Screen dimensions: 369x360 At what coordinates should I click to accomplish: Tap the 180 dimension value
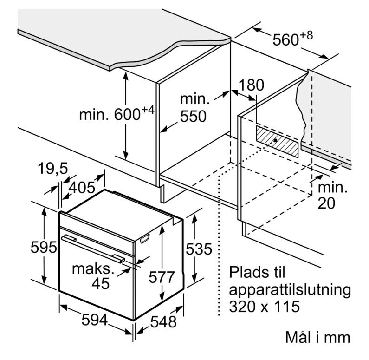pyautogui.click(x=251, y=85)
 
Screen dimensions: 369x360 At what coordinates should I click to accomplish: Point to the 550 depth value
pyautogui.click(x=193, y=116)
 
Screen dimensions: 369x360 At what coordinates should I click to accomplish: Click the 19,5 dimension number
pyautogui.click(x=53, y=169)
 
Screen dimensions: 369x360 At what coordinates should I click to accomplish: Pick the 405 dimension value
pyautogui.click(x=82, y=188)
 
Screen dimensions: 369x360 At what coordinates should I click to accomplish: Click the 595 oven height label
pyautogui.click(x=44, y=247)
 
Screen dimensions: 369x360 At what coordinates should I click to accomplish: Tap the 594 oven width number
pyautogui.click(x=95, y=320)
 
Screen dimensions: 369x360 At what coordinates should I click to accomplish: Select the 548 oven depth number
pyautogui.click(x=163, y=321)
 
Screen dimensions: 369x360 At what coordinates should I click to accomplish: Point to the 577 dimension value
pyautogui.click(x=162, y=277)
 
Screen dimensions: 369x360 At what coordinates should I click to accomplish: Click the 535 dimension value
pyautogui.click(x=199, y=249)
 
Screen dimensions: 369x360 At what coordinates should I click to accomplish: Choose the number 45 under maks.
pyautogui.click(x=101, y=283)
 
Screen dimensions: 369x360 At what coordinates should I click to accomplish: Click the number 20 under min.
pyautogui.click(x=326, y=203)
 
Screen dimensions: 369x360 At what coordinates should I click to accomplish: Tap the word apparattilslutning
pyautogui.click(x=290, y=290)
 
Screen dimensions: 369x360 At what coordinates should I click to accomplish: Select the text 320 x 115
pyautogui.click(x=265, y=306)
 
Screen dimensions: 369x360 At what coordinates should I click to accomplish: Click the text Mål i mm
pyautogui.click(x=317, y=337)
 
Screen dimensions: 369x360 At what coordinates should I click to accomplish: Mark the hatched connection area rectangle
pyautogui.click(x=277, y=142)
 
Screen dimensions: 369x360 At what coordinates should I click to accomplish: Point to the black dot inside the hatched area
pyautogui.click(x=275, y=140)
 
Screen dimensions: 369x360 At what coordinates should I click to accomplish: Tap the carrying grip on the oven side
pyautogui.click(x=145, y=238)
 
